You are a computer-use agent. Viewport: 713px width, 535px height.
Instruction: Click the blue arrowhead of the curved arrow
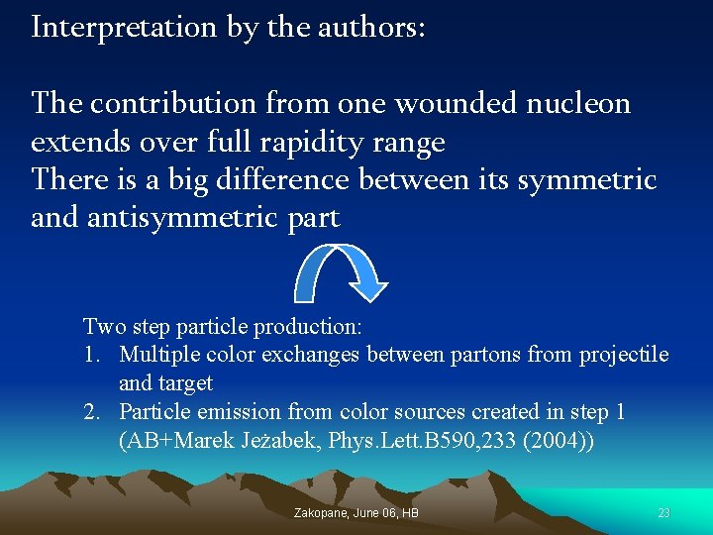tap(371, 287)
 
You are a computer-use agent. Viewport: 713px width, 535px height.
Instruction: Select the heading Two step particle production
tap(223, 326)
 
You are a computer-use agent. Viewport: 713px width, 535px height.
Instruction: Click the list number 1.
tap(90, 355)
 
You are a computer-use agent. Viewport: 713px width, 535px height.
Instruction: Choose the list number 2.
tap(90, 411)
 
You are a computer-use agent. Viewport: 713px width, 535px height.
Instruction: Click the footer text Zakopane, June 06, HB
tap(356, 513)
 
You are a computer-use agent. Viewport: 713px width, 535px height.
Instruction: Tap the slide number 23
tap(663, 513)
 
